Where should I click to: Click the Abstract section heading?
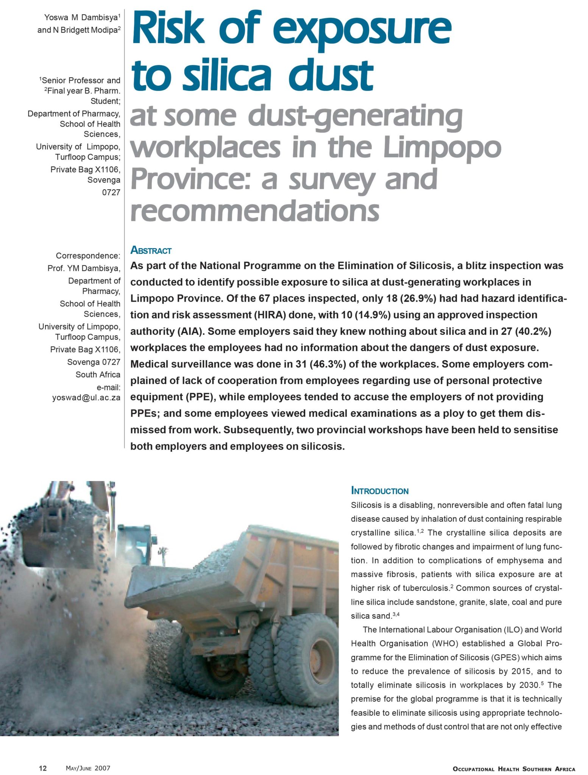coord(151,251)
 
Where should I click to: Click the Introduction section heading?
coord(380,491)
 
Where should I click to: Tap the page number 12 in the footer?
coord(43,768)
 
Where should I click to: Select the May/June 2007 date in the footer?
coord(88,768)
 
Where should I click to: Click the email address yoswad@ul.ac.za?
coord(86,398)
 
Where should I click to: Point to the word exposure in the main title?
coord(362,28)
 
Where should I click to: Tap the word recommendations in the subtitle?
coord(254,210)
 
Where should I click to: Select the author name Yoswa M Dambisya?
coord(81,17)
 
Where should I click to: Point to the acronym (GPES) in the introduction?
coord(505,657)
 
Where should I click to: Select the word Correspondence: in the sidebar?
coord(88,256)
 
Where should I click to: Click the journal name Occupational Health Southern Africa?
coord(514,769)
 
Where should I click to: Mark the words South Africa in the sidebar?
coord(98,374)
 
